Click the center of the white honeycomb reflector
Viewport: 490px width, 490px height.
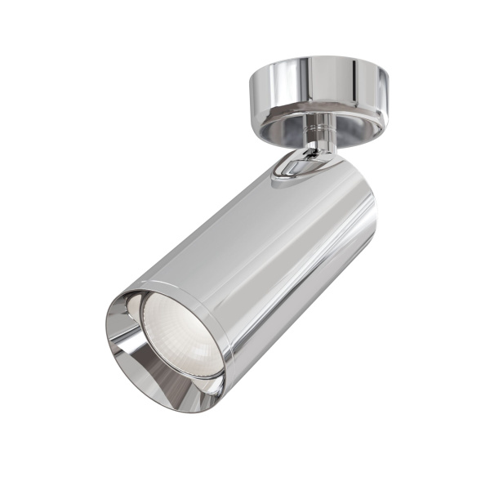[x=181, y=335]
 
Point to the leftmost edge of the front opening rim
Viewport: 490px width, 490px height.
[x=107, y=327]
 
